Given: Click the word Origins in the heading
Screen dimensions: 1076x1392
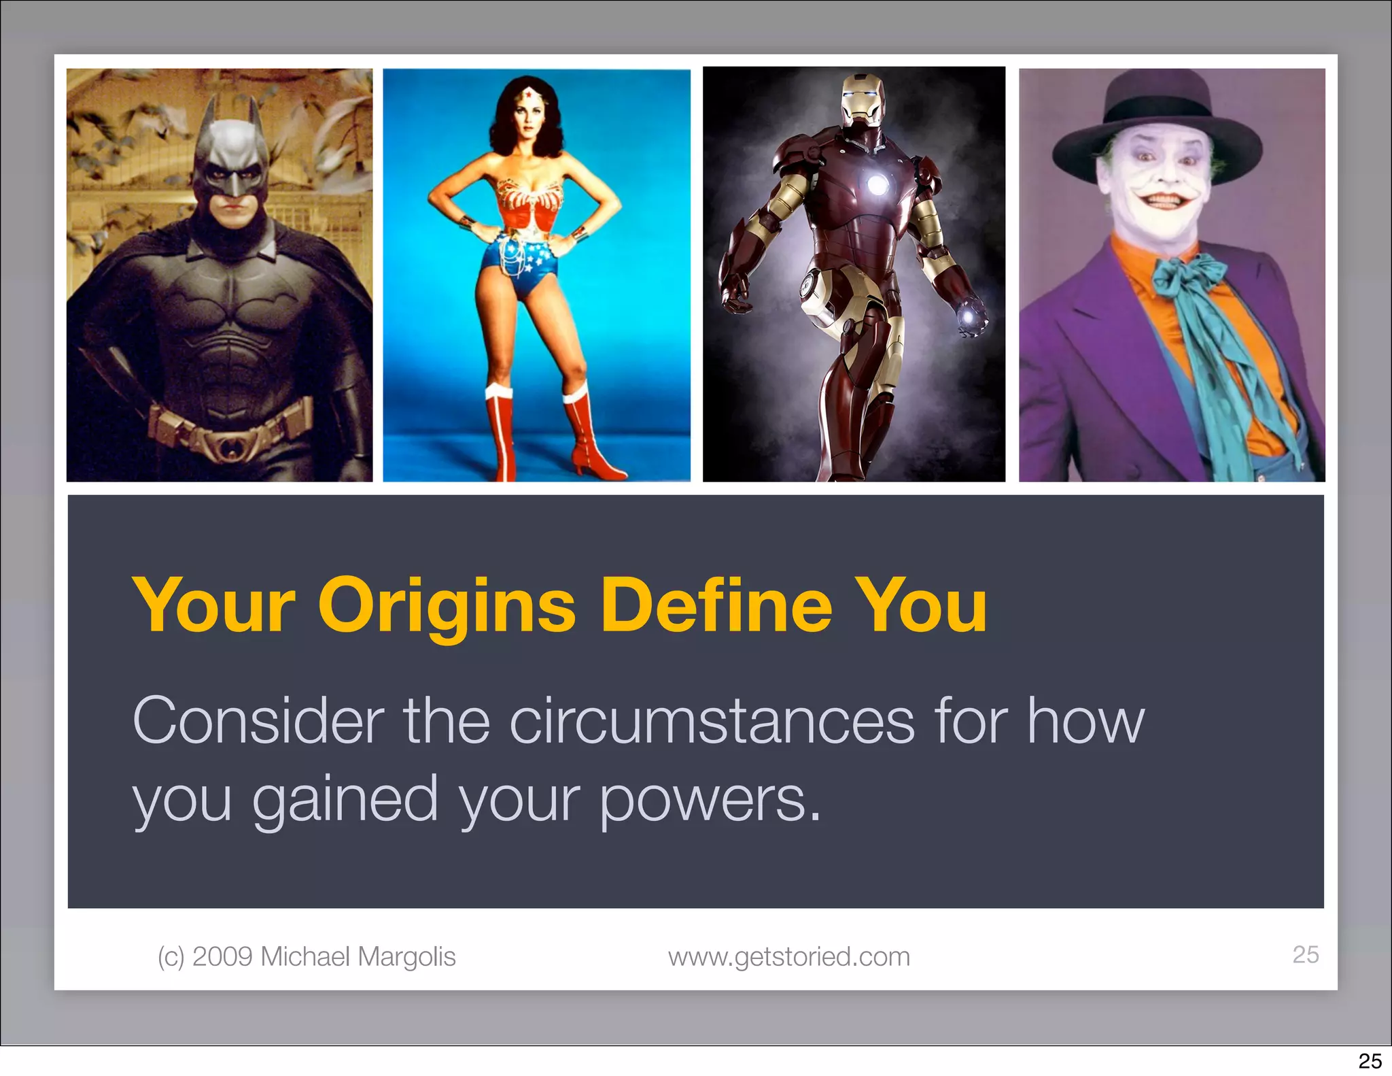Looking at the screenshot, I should coord(447,605).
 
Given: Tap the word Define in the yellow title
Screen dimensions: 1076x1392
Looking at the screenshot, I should coord(716,605).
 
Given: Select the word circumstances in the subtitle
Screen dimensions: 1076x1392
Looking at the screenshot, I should coord(712,721).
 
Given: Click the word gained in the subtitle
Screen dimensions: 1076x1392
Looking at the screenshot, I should coord(345,800).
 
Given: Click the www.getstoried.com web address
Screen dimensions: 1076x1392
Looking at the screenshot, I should coord(788,956).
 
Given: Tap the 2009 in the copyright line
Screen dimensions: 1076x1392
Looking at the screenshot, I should coord(222,956).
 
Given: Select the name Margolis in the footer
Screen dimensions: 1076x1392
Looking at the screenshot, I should coord(406,956).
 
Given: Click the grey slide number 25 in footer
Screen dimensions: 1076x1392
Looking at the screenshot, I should coord(1305,954).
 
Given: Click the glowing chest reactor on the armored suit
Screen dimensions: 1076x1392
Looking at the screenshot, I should coord(877,184).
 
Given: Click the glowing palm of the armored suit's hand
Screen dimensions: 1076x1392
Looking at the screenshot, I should coord(968,318).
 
